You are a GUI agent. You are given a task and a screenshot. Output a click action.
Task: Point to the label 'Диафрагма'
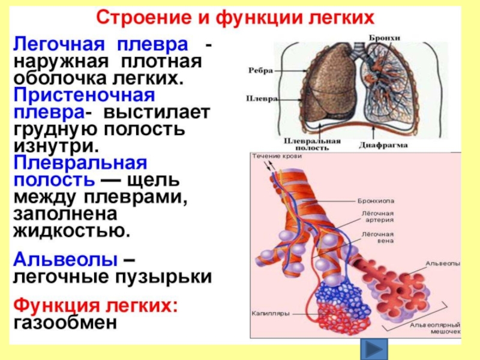coord(384,145)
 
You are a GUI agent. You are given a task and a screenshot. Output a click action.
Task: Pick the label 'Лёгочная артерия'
coord(377,216)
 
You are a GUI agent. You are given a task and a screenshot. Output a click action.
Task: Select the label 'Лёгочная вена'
coord(377,238)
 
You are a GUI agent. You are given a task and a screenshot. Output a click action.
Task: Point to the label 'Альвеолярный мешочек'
coord(436,328)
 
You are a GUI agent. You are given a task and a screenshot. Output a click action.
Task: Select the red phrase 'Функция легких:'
coord(96,304)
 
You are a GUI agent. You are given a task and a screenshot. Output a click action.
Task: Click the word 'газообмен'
coord(63,322)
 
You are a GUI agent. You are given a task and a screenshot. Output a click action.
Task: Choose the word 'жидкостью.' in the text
coord(71,230)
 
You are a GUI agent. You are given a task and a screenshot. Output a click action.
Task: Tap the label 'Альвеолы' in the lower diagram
coord(443,263)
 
